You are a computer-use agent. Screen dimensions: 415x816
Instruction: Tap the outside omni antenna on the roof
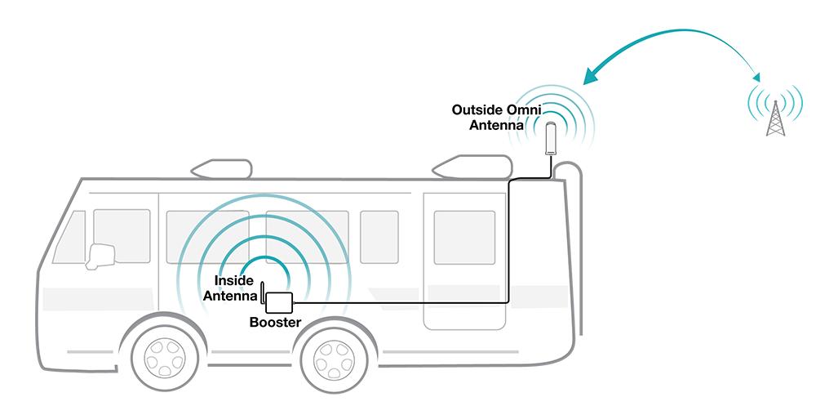coord(552,139)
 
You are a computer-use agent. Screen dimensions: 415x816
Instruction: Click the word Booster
coord(275,323)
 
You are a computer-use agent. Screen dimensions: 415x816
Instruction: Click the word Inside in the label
coord(235,280)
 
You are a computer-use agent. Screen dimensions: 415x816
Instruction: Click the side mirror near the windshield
coord(102,256)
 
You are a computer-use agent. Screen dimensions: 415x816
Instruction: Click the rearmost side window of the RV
coord(464,237)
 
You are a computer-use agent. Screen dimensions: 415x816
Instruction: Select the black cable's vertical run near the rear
coord(509,245)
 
